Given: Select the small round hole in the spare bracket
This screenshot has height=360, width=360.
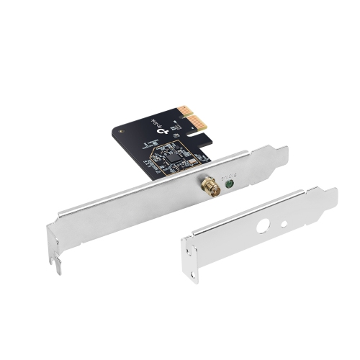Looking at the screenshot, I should [x=283, y=222].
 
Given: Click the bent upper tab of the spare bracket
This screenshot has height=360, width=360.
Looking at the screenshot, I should [x=328, y=199].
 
